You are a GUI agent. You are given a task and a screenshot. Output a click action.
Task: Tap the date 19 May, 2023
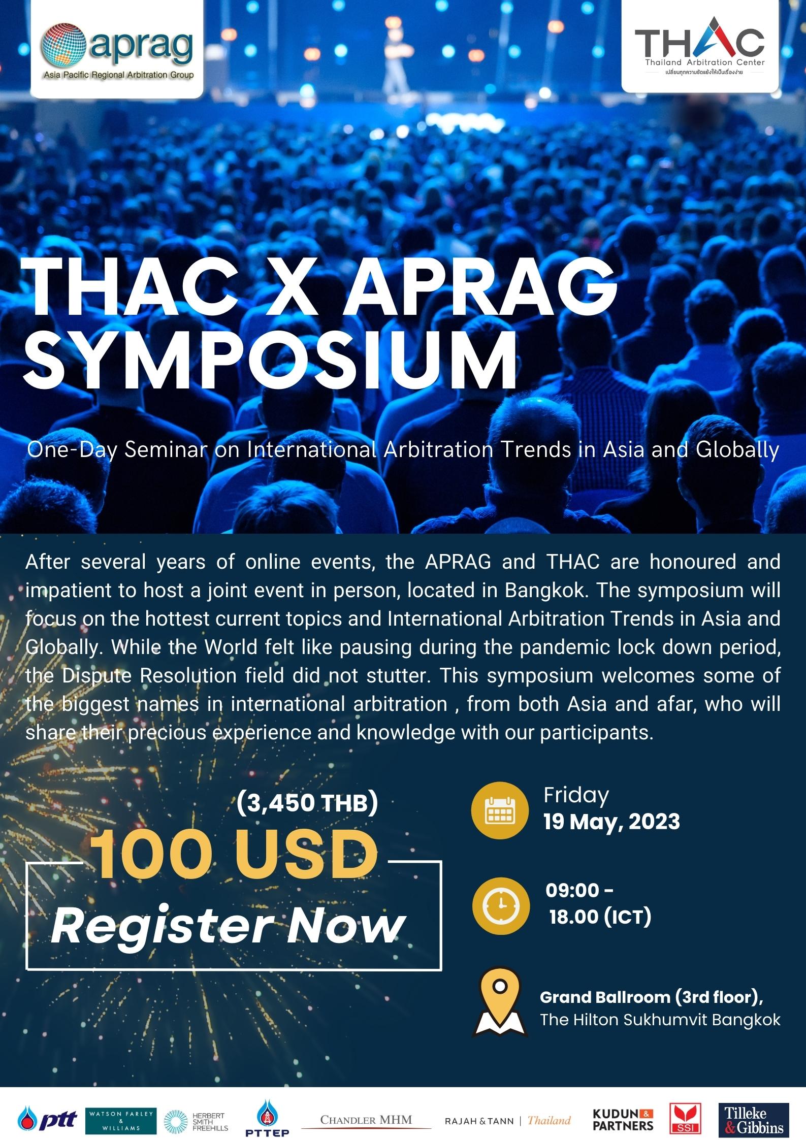click(611, 822)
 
